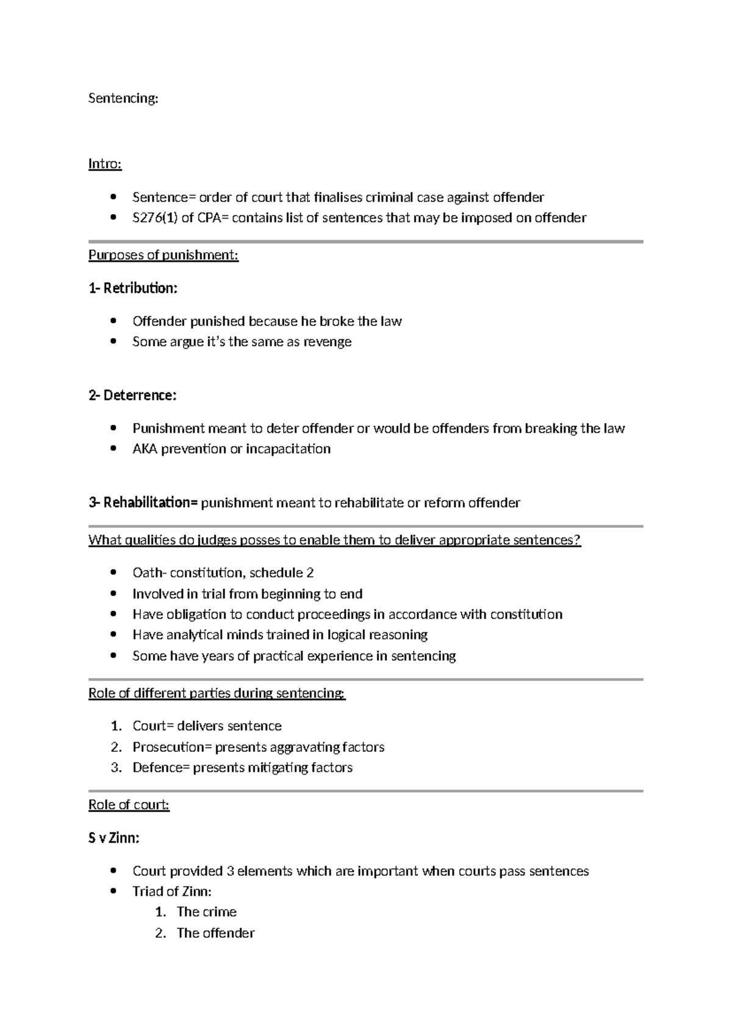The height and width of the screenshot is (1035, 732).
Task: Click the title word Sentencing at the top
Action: [x=123, y=98]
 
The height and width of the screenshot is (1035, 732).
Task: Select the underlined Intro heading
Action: [x=105, y=164]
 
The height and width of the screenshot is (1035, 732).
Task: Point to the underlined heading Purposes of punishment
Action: [x=163, y=255]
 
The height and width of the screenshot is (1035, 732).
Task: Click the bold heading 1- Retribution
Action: [x=133, y=288]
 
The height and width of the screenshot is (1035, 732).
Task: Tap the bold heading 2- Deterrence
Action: [x=132, y=395]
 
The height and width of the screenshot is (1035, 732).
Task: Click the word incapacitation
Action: [x=288, y=449]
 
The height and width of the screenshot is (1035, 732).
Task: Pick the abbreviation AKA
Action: [x=145, y=449]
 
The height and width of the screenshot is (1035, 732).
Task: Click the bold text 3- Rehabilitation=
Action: [x=143, y=503]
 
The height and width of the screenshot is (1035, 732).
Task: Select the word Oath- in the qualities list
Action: [x=149, y=573]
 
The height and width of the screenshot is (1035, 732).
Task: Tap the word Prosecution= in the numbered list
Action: [x=172, y=748]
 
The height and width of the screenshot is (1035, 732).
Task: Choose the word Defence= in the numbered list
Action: [x=161, y=768]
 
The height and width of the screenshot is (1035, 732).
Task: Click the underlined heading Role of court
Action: [x=129, y=805]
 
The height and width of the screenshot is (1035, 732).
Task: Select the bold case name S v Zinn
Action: [x=114, y=838]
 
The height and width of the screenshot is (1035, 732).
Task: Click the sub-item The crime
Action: [x=206, y=912]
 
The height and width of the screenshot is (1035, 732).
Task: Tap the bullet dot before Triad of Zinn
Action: [x=112, y=892]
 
